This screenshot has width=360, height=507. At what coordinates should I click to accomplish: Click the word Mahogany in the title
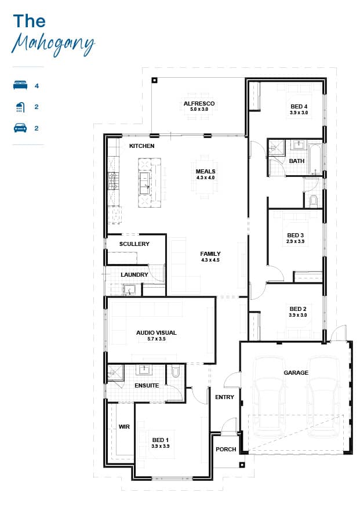(x=53, y=45)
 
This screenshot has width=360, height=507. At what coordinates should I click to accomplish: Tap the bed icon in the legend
(x=20, y=85)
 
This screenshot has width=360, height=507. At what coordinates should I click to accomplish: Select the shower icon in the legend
(x=20, y=107)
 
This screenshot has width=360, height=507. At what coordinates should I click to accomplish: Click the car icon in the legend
(x=20, y=128)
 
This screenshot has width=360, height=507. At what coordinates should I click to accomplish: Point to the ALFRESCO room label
(x=199, y=103)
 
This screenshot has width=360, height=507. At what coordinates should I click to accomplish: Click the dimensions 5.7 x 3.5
(x=157, y=339)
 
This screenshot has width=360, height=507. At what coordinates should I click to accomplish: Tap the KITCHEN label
(x=142, y=146)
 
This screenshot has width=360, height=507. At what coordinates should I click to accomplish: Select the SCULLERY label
(x=134, y=244)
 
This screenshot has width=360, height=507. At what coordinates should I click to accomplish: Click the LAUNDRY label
(x=134, y=274)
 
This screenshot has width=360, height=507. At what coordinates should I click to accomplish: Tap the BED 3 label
(x=296, y=236)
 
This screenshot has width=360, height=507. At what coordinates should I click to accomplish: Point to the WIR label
(x=124, y=427)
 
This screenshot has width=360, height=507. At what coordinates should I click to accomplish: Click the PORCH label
(x=226, y=449)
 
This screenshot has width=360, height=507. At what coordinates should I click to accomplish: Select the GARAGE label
(x=296, y=372)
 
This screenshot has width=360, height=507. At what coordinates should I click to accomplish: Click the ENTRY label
(x=224, y=397)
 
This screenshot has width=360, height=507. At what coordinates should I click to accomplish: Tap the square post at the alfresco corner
(x=155, y=80)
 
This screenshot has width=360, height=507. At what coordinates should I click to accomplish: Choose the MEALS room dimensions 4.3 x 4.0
(x=206, y=178)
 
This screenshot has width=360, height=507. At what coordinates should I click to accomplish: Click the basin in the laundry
(x=130, y=289)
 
